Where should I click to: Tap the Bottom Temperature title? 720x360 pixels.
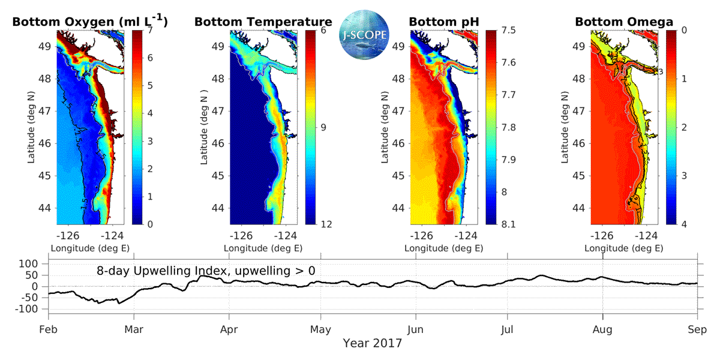click(263, 22)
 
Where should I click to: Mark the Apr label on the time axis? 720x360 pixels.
click(229, 329)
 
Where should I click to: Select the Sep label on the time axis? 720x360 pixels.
click(697, 329)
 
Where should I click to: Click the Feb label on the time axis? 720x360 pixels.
click(48, 329)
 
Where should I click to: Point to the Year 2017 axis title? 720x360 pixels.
click(372, 344)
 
